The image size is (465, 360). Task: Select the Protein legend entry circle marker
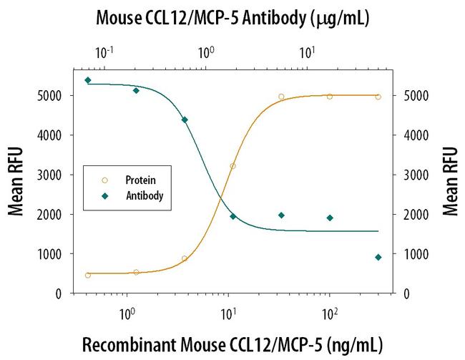tap(105, 180)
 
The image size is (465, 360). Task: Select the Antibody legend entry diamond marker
tap(105, 195)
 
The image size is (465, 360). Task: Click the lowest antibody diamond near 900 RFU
tap(378, 257)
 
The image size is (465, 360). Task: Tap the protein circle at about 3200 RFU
tap(232, 166)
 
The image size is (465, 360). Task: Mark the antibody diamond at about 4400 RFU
tap(185, 120)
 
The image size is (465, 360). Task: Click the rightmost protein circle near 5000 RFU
tap(378, 97)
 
